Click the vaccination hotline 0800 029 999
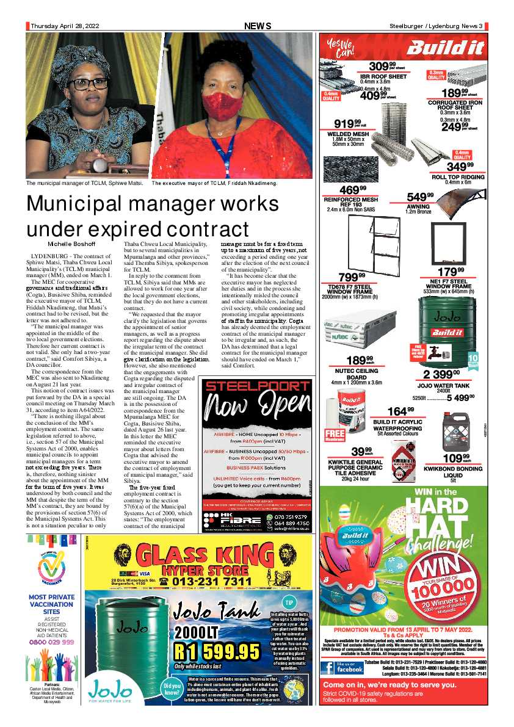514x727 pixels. click(x=51, y=642)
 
